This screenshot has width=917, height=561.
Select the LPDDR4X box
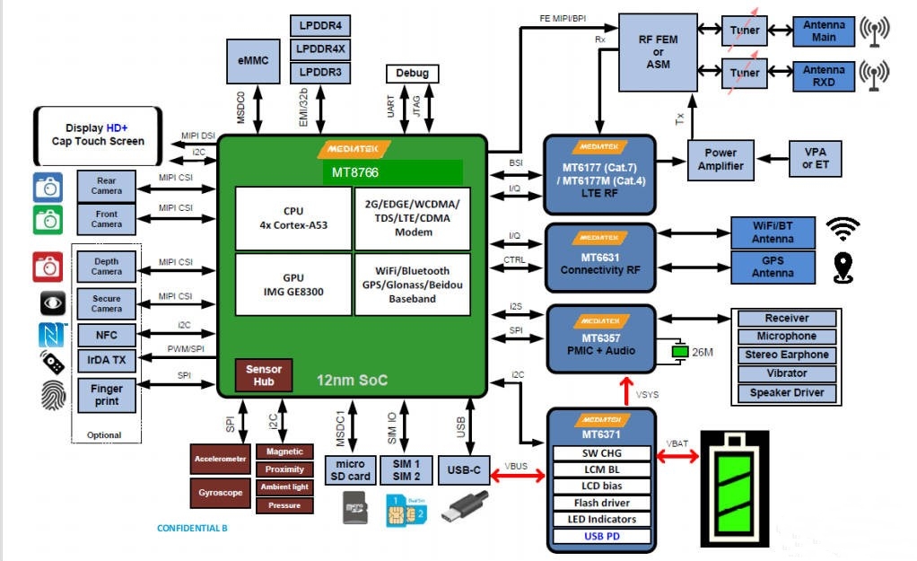pos(320,48)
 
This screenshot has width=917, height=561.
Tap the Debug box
pos(412,74)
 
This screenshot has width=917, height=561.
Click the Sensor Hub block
pos(264,375)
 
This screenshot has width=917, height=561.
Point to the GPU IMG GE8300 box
pos(293,284)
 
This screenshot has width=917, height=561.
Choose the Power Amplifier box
pos(720,160)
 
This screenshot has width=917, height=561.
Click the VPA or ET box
pos(814,160)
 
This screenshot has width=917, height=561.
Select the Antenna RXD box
pos(824,75)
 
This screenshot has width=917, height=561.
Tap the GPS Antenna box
pos(773,267)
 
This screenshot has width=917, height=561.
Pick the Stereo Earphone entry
pos(786,355)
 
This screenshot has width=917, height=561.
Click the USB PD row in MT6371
pos(601,537)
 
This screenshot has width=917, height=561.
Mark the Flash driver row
pos(601,503)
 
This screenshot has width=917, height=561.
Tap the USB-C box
pos(463,469)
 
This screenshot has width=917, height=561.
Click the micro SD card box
pos(349,469)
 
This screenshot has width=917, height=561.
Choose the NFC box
pos(106,335)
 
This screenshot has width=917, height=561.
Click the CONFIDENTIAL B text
pos(192,528)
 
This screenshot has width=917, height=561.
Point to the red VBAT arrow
pos(678,457)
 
